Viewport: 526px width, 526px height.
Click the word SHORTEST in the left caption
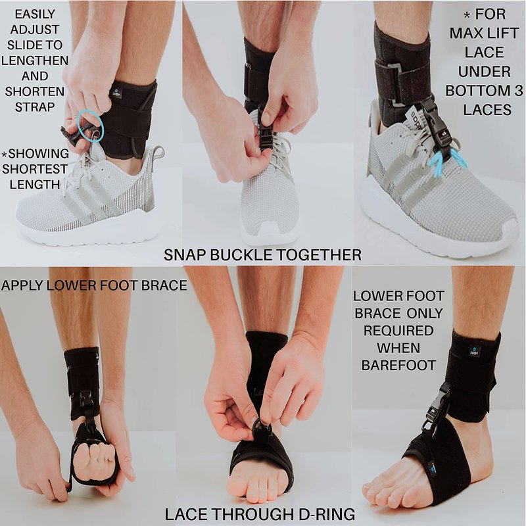[35, 169]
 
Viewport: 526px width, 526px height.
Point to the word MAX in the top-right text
[467, 34]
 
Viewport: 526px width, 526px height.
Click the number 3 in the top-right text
[518, 91]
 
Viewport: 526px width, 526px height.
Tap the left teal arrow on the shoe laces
[437, 166]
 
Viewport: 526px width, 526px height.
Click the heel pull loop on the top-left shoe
[158, 153]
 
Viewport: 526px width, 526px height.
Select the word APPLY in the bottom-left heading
[22, 285]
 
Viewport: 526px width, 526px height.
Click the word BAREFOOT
[398, 366]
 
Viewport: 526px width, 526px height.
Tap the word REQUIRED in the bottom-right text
[398, 331]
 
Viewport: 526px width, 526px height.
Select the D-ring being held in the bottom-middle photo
[259, 426]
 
